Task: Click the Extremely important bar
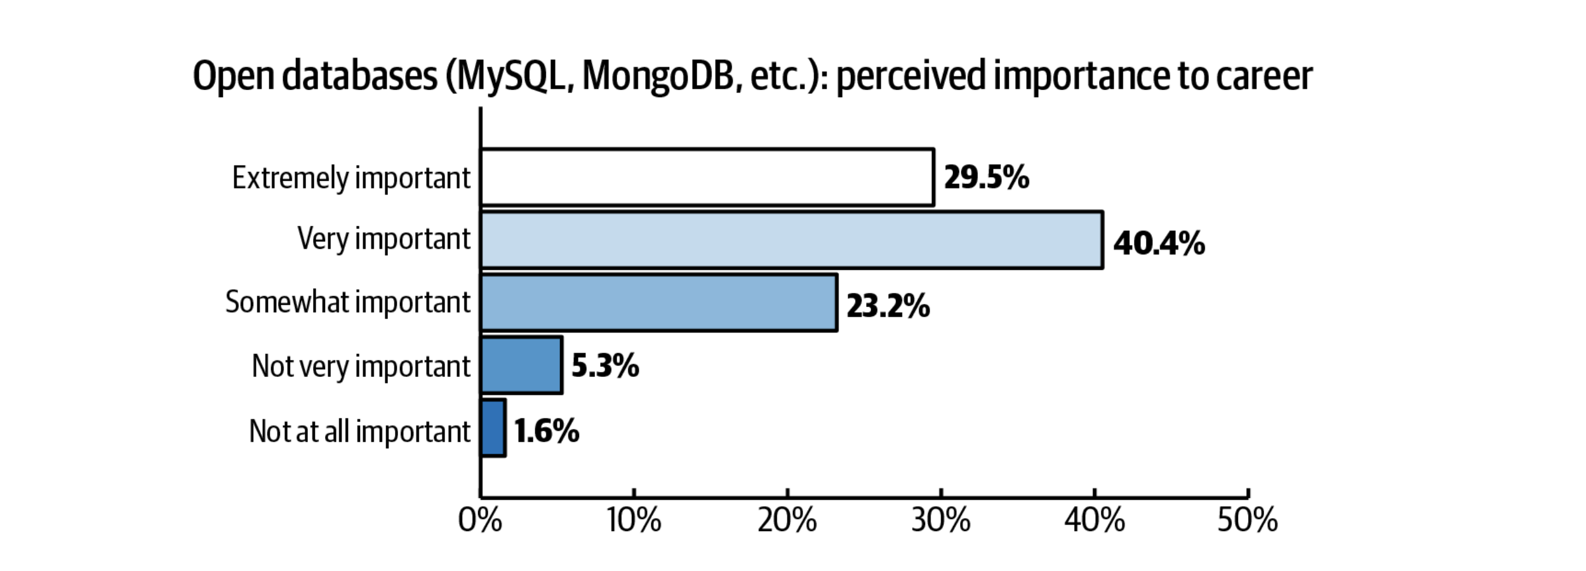(707, 178)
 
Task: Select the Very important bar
(791, 240)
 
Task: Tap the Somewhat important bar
(658, 303)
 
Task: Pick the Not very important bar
(521, 365)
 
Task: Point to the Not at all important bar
(493, 428)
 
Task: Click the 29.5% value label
(986, 178)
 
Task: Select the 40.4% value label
(1159, 244)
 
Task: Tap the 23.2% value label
(888, 306)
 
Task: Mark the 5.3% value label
(605, 366)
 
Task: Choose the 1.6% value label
(547, 431)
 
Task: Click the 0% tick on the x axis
(480, 521)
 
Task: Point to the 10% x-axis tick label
(634, 521)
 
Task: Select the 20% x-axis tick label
(787, 521)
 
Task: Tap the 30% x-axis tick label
(941, 521)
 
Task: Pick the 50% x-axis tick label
(1248, 521)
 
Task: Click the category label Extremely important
(351, 178)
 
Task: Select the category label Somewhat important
(348, 303)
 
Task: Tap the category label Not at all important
(359, 431)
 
